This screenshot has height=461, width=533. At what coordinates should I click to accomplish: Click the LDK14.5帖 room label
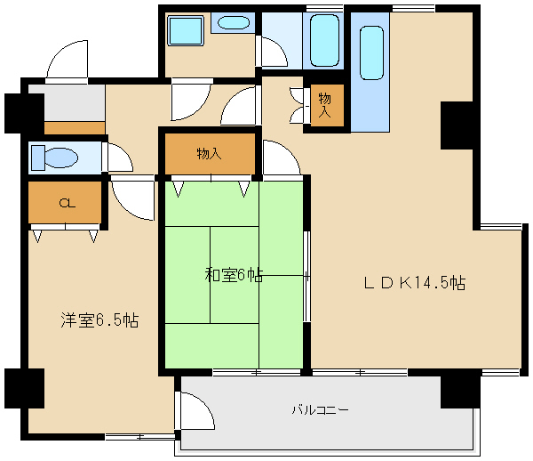tap(414, 284)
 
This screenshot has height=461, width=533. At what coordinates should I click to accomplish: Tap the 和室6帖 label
tap(234, 275)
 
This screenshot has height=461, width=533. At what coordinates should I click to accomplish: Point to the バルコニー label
tap(320, 410)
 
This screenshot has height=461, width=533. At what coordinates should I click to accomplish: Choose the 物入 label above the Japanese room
tap(209, 154)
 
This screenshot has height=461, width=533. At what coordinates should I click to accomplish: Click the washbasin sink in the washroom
tap(234, 23)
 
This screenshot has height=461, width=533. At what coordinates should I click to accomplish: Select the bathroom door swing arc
tap(274, 51)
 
